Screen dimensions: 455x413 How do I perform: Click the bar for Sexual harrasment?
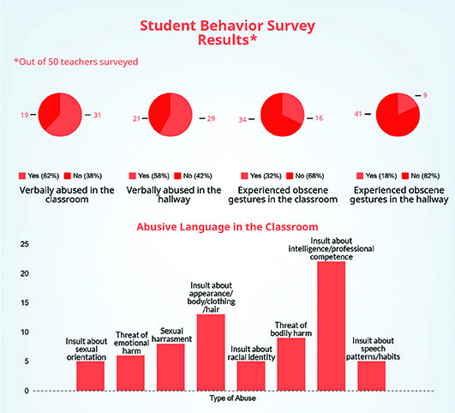click(x=171, y=367)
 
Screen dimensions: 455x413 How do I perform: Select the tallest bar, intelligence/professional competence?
click(x=331, y=326)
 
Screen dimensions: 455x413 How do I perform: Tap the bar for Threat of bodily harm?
click(x=291, y=364)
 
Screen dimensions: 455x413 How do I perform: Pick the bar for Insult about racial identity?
click(x=251, y=376)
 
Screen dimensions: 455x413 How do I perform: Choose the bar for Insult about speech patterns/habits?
click(x=371, y=376)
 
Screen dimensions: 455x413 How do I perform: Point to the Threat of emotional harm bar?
click(x=130, y=373)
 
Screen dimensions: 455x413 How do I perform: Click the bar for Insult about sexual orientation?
click(x=91, y=376)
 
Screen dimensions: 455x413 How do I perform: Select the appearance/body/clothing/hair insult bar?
click(x=211, y=352)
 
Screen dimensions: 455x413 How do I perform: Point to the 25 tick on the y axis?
click(x=25, y=244)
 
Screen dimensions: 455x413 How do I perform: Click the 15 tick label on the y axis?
click(x=25, y=302)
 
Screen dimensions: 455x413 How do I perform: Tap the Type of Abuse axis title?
click(x=233, y=398)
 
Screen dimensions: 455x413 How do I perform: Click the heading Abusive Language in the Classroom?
click(x=227, y=227)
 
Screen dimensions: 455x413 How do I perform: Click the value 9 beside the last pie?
click(x=425, y=95)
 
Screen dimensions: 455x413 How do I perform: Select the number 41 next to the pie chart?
click(x=358, y=114)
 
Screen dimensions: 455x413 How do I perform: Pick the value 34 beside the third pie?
click(x=242, y=119)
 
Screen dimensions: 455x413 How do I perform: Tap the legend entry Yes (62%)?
click(x=39, y=176)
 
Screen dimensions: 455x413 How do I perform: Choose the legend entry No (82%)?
click(x=421, y=176)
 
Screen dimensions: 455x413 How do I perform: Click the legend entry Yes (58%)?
click(x=149, y=176)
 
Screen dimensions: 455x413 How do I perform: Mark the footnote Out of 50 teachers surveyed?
click(x=76, y=62)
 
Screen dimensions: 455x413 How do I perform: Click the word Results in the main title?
click(x=224, y=39)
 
